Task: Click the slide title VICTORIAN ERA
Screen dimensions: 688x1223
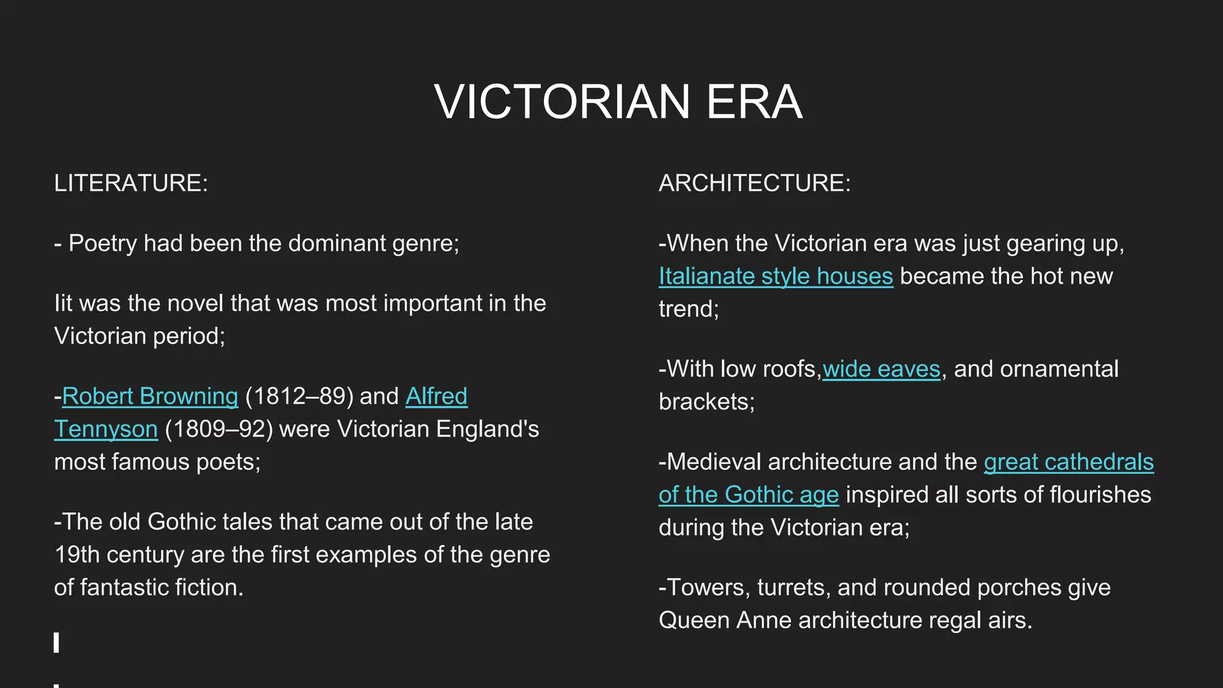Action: click(x=618, y=102)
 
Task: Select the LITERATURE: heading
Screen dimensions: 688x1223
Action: click(x=131, y=183)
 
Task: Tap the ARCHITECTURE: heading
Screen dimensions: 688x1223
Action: click(x=754, y=183)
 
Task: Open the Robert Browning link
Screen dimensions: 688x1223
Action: click(x=150, y=396)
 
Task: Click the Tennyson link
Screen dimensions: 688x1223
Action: click(x=106, y=429)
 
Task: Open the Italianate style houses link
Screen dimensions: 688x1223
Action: click(x=776, y=276)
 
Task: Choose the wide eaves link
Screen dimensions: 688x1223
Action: click(x=881, y=368)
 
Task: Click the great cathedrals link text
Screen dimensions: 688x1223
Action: click(x=1068, y=462)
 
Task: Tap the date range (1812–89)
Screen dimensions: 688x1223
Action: click(x=299, y=396)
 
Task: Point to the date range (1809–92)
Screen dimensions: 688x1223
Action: click(x=219, y=429)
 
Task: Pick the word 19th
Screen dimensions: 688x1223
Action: click(x=77, y=554)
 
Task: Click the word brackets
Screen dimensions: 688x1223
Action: click(x=706, y=401)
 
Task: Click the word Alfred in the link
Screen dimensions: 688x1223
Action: click(x=437, y=396)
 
